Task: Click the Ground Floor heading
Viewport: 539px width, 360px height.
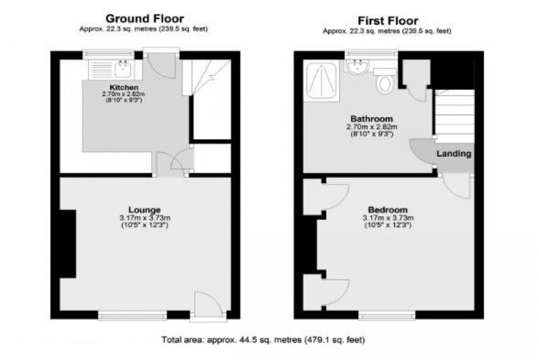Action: tap(145, 19)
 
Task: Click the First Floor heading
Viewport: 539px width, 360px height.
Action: tap(388, 21)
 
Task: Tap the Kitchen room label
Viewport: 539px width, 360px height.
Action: tap(124, 88)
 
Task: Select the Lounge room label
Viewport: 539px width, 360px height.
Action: tap(145, 209)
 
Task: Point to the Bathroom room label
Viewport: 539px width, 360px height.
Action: tap(372, 119)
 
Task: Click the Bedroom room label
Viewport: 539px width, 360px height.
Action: tap(388, 209)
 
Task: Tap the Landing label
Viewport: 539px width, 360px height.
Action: tap(454, 154)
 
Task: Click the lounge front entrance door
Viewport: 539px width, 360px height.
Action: tap(208, 305)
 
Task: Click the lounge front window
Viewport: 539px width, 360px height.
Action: tap(132, 315)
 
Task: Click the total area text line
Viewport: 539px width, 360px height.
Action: tap(263, 340)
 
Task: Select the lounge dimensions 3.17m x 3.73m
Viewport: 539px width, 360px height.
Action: tap(145, 218)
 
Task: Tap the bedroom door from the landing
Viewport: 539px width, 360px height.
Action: tap(457, 184)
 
